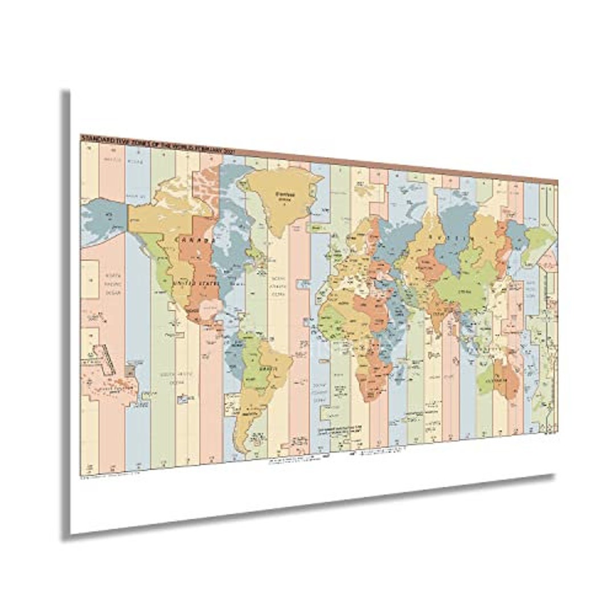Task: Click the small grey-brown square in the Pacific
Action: click(x=130, y=370)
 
